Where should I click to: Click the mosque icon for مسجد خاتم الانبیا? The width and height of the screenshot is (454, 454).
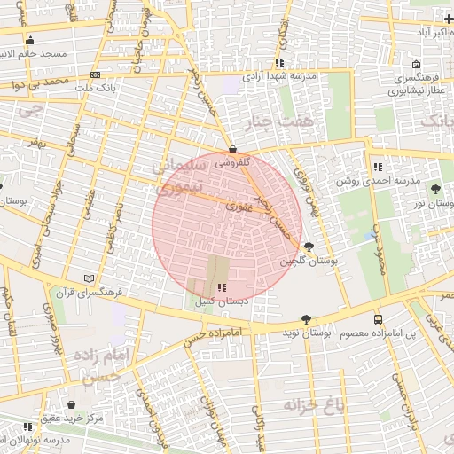31,40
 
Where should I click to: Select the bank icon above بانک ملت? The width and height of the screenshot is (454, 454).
95,74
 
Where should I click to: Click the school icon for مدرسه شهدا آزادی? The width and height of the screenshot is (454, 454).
279,63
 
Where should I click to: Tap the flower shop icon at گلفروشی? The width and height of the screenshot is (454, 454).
232,149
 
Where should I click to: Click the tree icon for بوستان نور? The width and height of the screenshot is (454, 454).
435,189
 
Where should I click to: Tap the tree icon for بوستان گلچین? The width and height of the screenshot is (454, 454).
308,247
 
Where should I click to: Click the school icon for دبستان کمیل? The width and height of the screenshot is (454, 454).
221,287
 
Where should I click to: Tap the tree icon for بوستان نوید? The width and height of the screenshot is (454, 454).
306,319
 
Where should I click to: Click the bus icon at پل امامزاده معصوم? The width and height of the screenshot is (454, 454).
379,319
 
